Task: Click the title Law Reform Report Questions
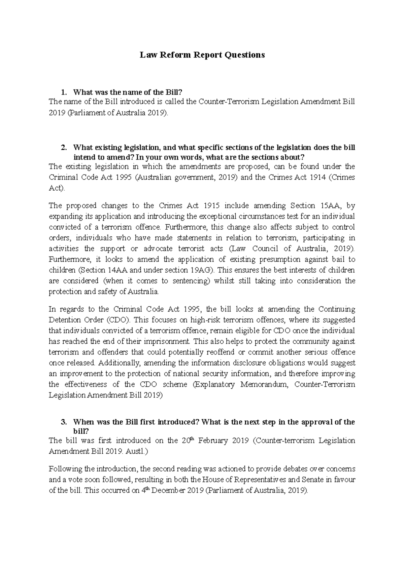(x=202, y=55)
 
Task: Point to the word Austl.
(x=137, y=452)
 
